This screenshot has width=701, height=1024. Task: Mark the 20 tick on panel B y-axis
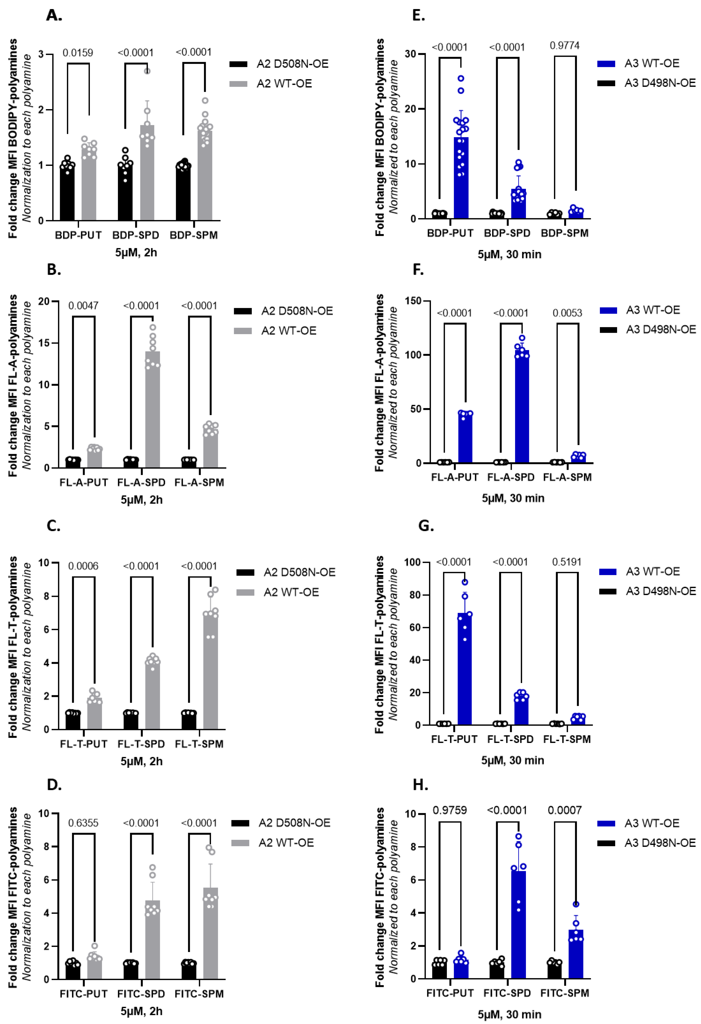tap(44, 301)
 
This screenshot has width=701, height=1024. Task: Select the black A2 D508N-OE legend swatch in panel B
tap(242, 311)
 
